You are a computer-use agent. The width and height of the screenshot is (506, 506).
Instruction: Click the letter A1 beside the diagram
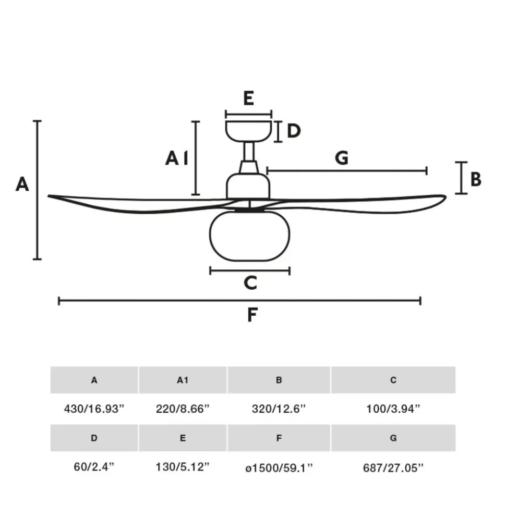click(x=177, y=158)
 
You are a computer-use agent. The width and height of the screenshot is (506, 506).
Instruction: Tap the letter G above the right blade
click(x=342, y=158)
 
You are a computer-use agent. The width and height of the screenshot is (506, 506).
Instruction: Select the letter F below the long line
click(x=252, y=315)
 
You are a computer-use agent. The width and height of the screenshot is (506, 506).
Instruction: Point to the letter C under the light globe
click(x=250, y=282)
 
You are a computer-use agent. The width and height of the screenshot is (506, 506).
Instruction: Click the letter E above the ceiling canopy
click(x=248, y=98)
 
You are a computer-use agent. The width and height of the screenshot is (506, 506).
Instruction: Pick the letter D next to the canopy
click(x=294, y=131)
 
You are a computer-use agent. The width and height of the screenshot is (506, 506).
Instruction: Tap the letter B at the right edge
click(x=476, y=179)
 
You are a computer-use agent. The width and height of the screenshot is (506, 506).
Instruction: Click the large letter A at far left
click(x=22, y=184)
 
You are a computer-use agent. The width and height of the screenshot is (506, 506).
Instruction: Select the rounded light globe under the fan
click(x=249, y=236)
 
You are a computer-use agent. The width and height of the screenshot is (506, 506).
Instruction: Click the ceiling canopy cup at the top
click(x=248, y=131)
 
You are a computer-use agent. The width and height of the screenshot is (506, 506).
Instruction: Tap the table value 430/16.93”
click(x=94, y=409)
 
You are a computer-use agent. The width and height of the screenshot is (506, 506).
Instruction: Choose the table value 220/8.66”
click(x=183, y=409)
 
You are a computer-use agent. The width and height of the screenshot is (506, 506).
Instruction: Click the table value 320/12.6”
click(x=279, y=409)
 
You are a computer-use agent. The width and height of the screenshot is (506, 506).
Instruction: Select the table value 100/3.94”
click(x=393, y=409)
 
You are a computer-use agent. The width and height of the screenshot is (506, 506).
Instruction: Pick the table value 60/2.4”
click(x=94, y=466)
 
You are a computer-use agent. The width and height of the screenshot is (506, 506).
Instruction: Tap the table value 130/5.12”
click(x=183, y=466)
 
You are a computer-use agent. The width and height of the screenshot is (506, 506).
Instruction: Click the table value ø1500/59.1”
click(x=279, y=467)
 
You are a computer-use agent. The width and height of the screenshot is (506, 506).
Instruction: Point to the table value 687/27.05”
click(x=393, y=467)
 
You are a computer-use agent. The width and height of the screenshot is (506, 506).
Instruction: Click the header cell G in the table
click(x=393, y=438)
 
